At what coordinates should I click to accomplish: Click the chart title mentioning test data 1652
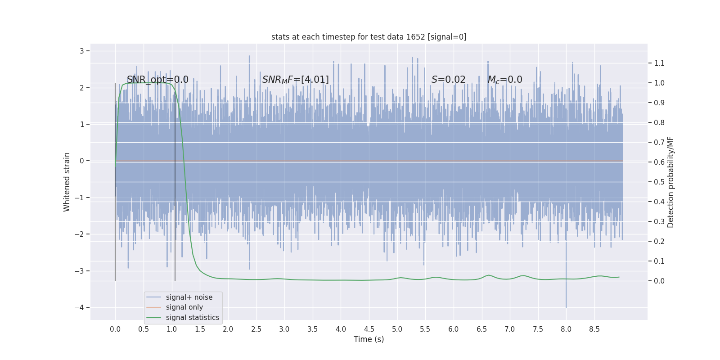[x=369, y=37]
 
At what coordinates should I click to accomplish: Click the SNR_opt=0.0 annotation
[x=157, y=80]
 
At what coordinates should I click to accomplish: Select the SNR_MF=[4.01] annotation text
[x=295, y=80]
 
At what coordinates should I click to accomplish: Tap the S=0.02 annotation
[x=448, y=80]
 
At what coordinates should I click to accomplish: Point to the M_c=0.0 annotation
[x=504, y=80]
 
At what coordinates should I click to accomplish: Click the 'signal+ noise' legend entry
[x=189, y=297]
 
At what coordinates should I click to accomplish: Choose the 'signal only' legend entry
[x=184, y=307]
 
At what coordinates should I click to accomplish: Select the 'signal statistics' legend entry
[x=192, y=318]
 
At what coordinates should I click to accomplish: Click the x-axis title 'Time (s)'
[x=369, y=339]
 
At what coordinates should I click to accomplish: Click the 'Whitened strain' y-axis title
[x=67, y=182]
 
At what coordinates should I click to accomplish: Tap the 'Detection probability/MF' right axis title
[x=670, y=182]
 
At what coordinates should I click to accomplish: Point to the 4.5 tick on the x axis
[x=369, y=329]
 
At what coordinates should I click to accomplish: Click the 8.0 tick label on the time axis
[x=566, y=329]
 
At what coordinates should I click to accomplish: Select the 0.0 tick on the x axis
[x=115, y=329]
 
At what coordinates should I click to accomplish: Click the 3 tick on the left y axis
[x=82, y=51]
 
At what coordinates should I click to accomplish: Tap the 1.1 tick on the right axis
[x=659, y=63]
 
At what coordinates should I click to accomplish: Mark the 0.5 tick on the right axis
[x=659, y=182]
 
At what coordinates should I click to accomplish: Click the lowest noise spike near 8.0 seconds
[x=566, y=307]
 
